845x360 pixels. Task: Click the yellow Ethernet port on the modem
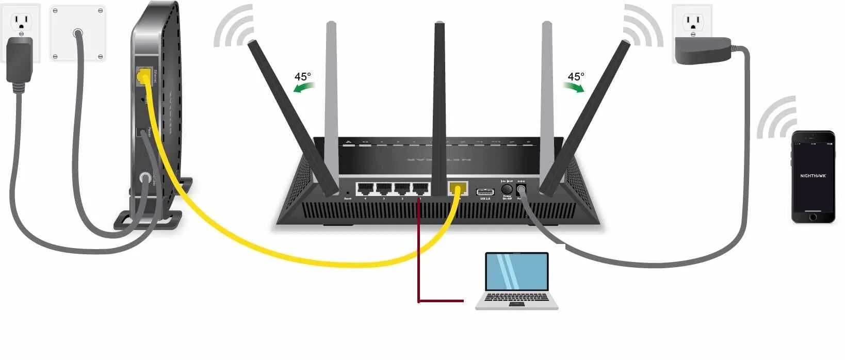(x=143, y=77)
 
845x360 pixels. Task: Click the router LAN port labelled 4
(x=365, y=189)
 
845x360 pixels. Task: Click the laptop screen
(x=517, y=271)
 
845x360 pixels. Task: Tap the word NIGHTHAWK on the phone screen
(x=813, y=176)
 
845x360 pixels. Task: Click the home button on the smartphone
(x=813, y=217)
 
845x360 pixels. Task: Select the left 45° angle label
(x=303, y=77)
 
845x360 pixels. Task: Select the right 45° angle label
(x=576, y=77)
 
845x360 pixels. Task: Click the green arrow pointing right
(x=574, y=88)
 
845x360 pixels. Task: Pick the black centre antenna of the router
(x=440, y=103)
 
